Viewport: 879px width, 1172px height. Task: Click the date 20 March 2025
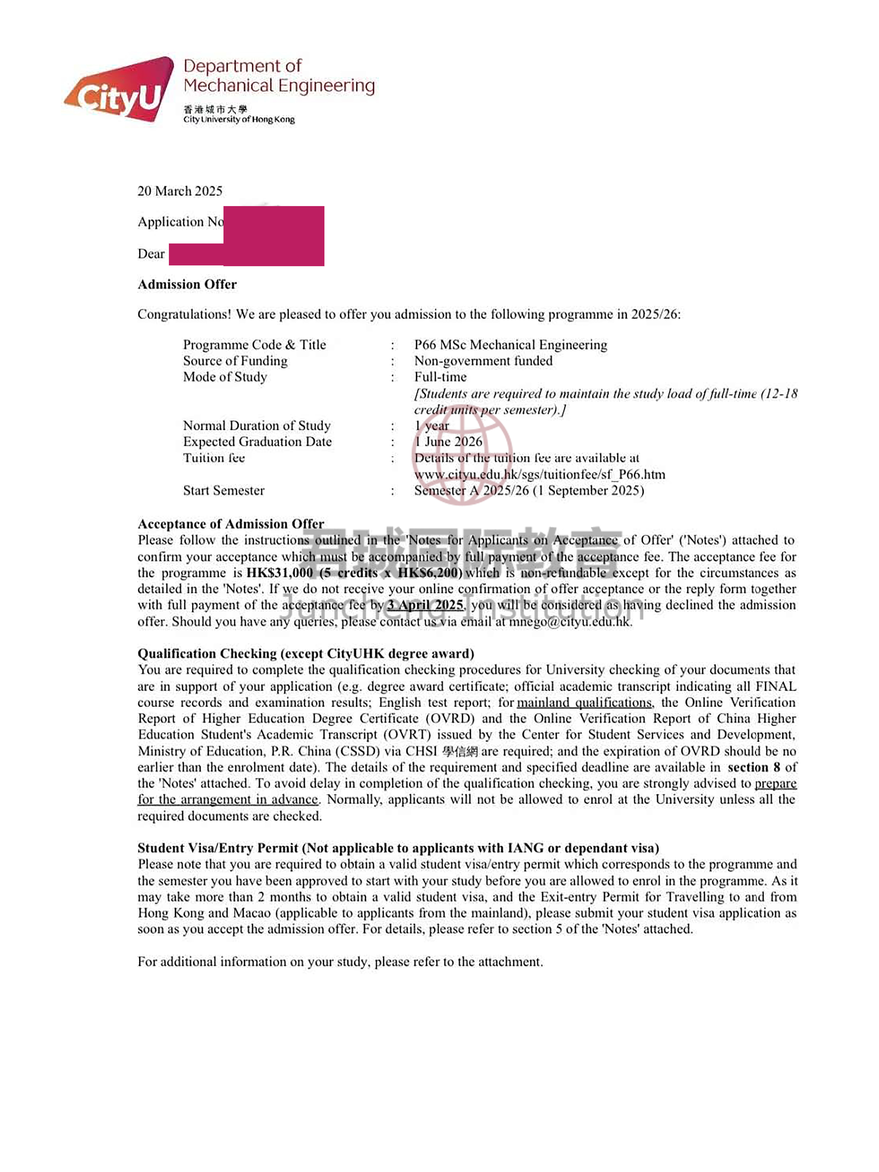coord(180,191)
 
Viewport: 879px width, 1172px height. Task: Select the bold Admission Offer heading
coord(187,285)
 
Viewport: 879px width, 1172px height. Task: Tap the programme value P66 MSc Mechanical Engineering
coord(510,345)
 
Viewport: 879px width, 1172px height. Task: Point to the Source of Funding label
coord(235,361)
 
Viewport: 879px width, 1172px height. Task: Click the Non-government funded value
coord(483,361)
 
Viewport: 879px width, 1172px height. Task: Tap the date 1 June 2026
coord(448,442)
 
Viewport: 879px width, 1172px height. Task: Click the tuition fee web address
coord(539,475)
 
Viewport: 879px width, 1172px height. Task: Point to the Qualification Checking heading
coord(306,654)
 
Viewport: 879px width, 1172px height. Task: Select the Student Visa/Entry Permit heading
coord(398,848)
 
